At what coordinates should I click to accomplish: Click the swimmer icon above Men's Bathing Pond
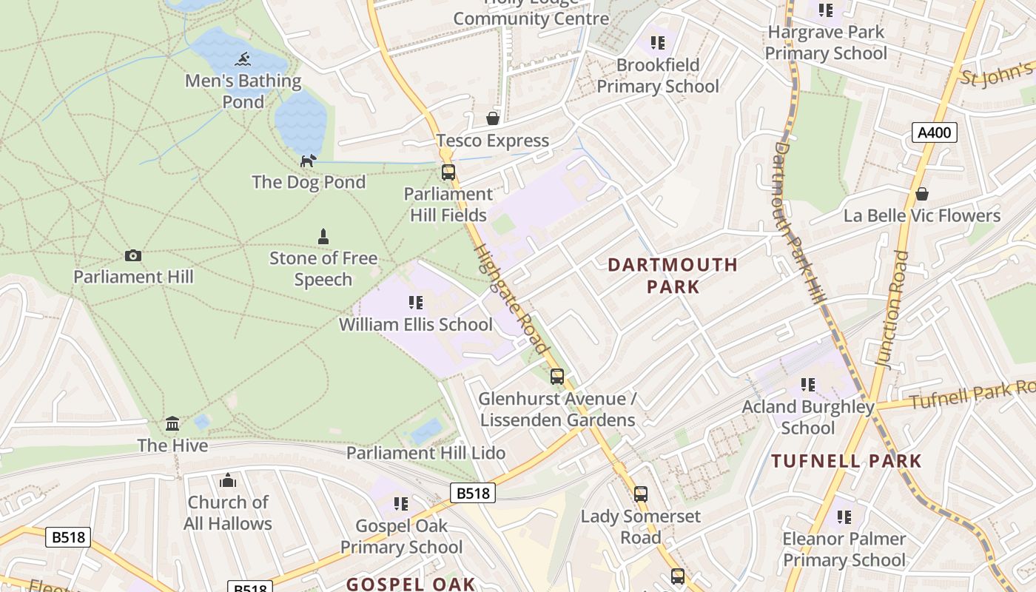[243, 59]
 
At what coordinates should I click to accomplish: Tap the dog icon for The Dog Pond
[308, 161]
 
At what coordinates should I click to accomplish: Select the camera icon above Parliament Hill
[133, 255]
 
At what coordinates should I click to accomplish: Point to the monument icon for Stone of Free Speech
[323, 237]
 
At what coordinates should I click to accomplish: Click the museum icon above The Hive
[172, 424]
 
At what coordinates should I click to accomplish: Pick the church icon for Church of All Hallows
[228, 480]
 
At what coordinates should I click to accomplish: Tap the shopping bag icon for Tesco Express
[492, 118]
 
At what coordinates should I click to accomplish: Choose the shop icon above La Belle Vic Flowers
[922, 194]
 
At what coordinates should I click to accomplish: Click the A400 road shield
[935, 133]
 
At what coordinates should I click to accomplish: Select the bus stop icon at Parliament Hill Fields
[448, 172]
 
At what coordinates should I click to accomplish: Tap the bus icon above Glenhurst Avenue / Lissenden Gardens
[557, 377]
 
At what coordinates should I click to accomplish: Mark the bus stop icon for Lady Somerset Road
[641, 494]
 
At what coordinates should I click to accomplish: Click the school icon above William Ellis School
[416, 303]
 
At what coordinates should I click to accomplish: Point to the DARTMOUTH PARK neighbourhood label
[673, 275]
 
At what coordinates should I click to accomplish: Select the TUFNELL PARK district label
[847, 461]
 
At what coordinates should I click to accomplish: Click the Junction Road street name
[892, 309]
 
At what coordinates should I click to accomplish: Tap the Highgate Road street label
[512, 297]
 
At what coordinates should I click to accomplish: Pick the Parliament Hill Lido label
[425, 453]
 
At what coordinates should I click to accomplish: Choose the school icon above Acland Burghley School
[808, 385]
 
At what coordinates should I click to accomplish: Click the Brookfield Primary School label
[657, 75]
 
